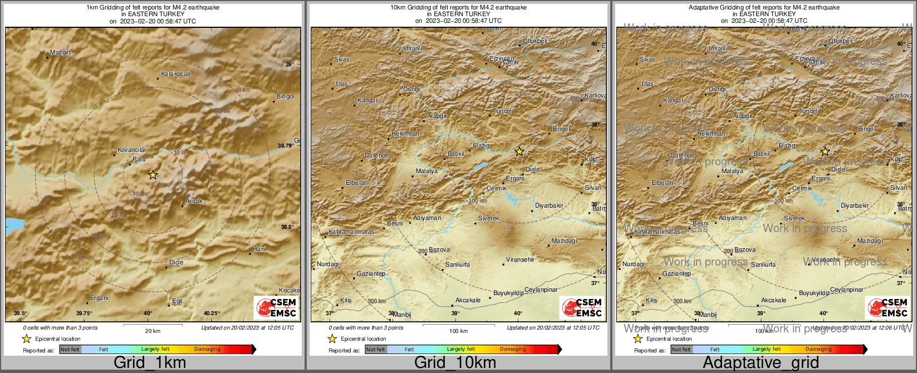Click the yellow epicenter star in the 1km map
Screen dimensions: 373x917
[x=153, y=175]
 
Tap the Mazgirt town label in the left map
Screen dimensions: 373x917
[x=61, y=53]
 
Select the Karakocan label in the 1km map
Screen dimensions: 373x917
[x=175, y=73]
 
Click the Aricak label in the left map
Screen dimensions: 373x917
[x=194, y=201]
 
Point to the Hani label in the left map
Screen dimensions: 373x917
[x=259, y=249]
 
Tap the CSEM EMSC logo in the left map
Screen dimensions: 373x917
[x=276, y=307]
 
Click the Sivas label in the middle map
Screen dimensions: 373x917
[x=342, y=59]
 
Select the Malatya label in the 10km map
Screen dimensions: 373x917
[x=427, y=171]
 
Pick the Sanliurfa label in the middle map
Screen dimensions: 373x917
[x=458, y=264]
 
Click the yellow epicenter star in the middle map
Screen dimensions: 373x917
[x=519, y=151]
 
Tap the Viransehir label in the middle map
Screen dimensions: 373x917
[x=520, y=259]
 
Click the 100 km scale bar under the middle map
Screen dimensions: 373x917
[x=458, y=325]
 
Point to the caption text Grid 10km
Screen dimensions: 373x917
[x=455, y=363]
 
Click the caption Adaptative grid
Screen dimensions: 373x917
[x=761, y=363]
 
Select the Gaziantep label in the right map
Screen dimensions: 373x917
[x=676, y=273]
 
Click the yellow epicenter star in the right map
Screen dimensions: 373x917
[x=825, y=151]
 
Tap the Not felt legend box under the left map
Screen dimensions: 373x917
[x=70, y=350]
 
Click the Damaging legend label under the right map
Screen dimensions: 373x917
[x=818, y=350]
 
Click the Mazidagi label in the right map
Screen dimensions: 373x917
[x=870, y=241]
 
